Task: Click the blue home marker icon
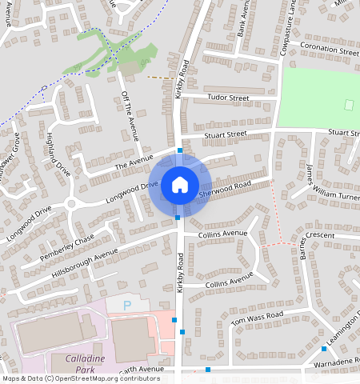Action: point(180,186)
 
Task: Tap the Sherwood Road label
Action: point(225,189)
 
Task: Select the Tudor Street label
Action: point(229,98)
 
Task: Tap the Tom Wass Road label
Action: point(258,319)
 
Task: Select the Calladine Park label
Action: point(79,363)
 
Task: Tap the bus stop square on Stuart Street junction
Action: point(180,150)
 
